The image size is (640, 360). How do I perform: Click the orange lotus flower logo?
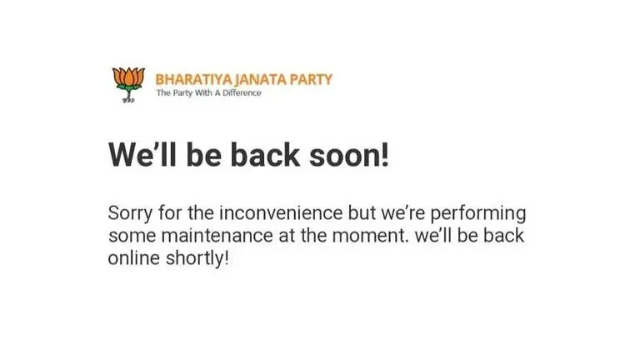(128, 82)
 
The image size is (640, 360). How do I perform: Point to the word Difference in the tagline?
(242, 92)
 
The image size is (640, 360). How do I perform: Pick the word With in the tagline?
(201, 92)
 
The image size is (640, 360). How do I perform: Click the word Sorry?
(131, 212)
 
